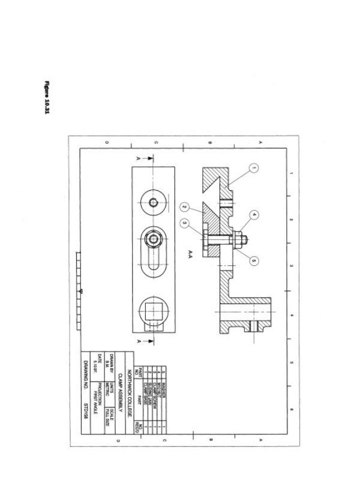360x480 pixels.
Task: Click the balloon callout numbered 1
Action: click(x=254, y=169)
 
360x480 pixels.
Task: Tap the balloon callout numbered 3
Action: click(x=185, y=223)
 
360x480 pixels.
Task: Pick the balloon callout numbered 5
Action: click(x=254, y=260)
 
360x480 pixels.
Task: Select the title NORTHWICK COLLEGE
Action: click(x=129, y=383)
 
